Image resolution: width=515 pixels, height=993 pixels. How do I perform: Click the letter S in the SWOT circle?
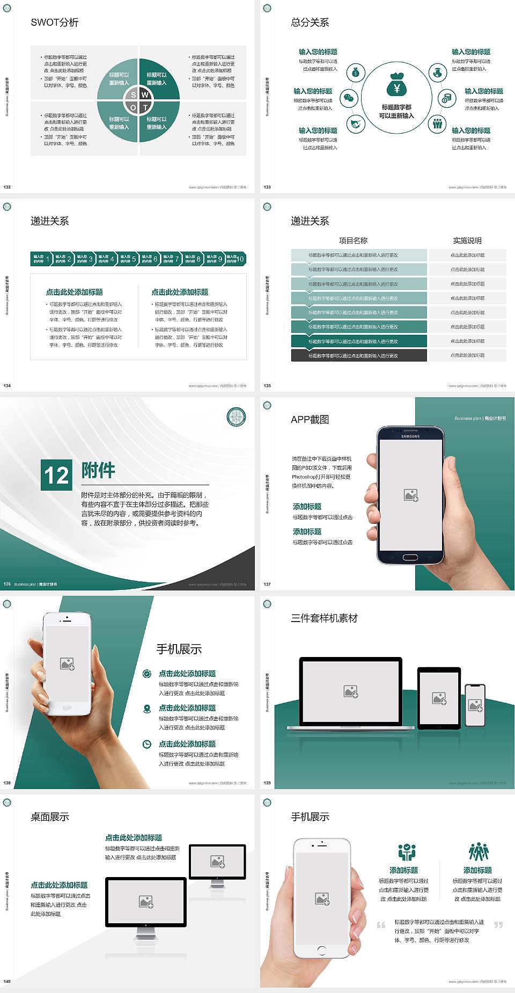click(x=134, y=95)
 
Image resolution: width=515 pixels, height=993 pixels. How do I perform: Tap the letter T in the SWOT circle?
click(x=145, y=107)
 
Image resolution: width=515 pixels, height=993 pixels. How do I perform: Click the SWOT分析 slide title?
click(x=55, y=23)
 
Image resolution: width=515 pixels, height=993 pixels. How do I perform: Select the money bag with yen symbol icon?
click(x=396, y=85)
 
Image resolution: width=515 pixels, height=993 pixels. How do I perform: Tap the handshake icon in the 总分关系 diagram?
click(x=355, y=124)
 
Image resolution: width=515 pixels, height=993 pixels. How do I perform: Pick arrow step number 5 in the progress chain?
click(x=128, y=259)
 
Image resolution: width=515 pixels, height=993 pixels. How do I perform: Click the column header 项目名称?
click(x=353, y=240)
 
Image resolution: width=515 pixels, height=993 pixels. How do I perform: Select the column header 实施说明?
click(x=467, y=240)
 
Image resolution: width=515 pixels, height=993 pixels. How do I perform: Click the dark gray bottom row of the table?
click(x=359, y=355)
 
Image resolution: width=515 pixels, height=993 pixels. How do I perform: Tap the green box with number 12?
click(x=57, y=474)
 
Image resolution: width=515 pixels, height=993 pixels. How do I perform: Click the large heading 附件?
click(x=98, y=470)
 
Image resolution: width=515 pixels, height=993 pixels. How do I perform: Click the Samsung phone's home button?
click(x=410, y=557)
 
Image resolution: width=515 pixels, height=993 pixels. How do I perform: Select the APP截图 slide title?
click(x=310, y=420)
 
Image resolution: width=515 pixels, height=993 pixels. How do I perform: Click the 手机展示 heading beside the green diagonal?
click(x=179, y=649)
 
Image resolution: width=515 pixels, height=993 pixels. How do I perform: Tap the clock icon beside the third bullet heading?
click(x=147, y=744)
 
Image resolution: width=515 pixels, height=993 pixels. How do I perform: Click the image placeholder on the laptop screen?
click(x=351, y=691)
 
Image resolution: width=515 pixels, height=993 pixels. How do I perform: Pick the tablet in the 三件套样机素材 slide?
click(x=439, y=698)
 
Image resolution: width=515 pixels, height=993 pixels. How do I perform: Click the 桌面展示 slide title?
click(x=50, y=817)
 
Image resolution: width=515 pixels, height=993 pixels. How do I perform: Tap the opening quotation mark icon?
click(x=381, y=925)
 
